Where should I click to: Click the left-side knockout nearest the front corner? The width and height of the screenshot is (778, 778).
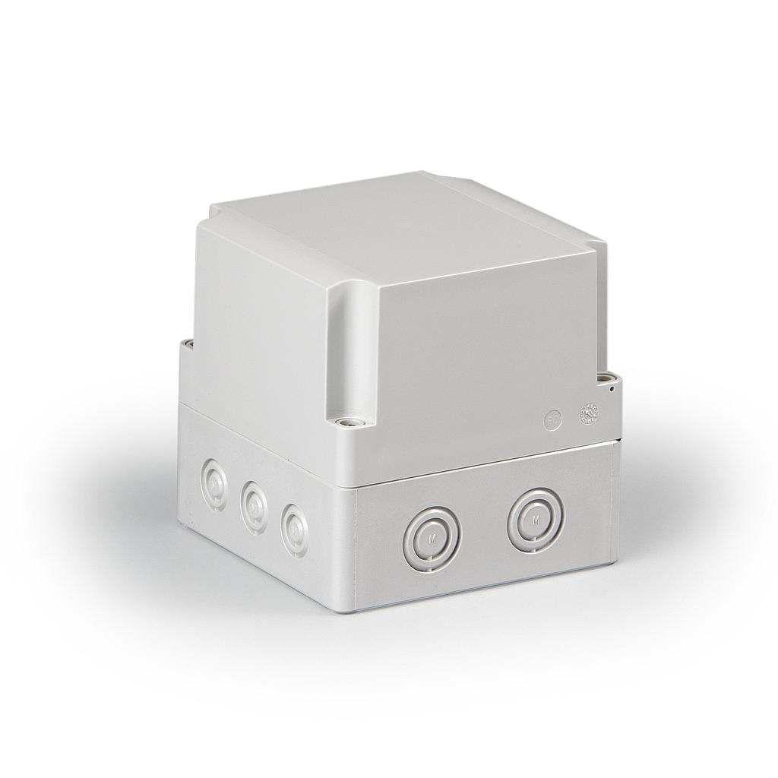pyautogui.click(x=294, y=526)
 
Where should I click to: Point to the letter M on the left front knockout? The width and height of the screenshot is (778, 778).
pyautogui.click(x=432, y=539)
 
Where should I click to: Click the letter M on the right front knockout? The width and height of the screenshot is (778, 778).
pyautogui.click(x=536, y=520)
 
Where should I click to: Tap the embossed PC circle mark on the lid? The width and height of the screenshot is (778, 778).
pyautogui.click(x=553, y=418)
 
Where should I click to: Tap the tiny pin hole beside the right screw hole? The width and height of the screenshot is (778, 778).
pyautogui.click(x=612, y=388)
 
